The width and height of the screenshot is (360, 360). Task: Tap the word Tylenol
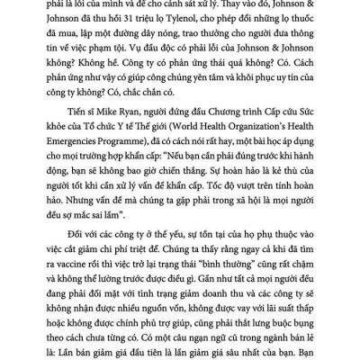[x=238, y=23]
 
